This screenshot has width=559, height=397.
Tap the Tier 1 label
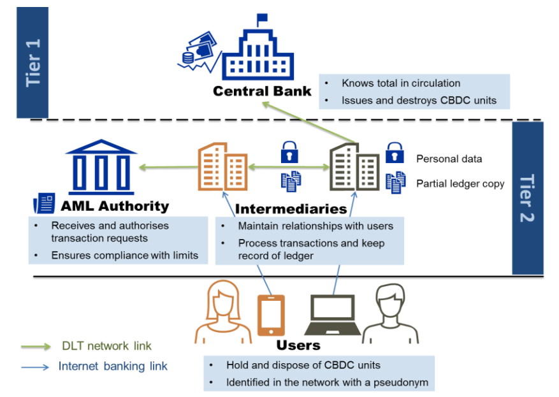click(33, 62)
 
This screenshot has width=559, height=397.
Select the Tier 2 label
click(527, 198)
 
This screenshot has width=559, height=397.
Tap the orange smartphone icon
click(270, 315)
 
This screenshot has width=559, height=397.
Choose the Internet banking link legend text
click(113, 366)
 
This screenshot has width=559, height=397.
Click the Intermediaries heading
click(291, 208)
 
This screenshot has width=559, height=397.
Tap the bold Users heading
click(298, 345)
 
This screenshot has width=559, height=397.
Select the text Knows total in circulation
click(401, 83)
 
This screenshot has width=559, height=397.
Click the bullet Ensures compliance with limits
click(125, 256)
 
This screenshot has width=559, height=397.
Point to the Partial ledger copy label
click(460, 184)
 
